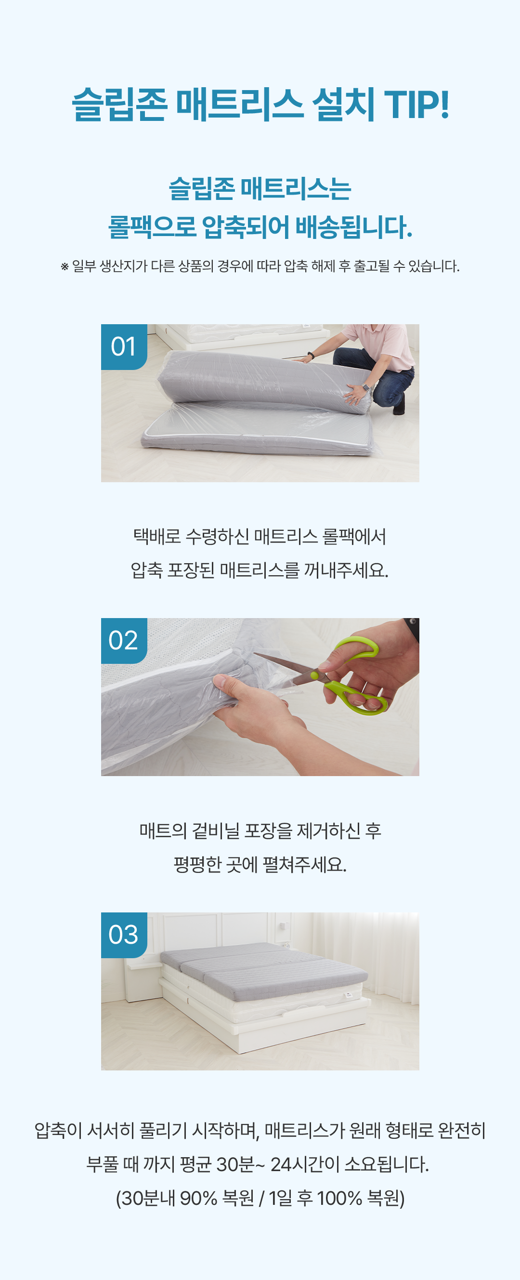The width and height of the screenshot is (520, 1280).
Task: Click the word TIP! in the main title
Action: point(416,105)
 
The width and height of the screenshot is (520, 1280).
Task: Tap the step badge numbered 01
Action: point(124,346)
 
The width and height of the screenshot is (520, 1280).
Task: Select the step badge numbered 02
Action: point(124,641)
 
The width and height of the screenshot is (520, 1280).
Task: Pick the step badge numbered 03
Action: point(124,935)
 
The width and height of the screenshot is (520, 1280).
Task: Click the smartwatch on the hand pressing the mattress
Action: point(366,387)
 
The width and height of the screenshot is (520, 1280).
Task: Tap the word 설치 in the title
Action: point(343,105)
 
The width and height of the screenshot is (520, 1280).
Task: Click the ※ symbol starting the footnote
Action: point(65,267)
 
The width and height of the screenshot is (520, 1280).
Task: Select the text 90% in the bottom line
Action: point(199,1198)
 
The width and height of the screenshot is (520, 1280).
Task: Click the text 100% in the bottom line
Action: point(340,1198)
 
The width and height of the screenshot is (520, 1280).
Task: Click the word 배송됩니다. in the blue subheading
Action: point(354,227)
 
